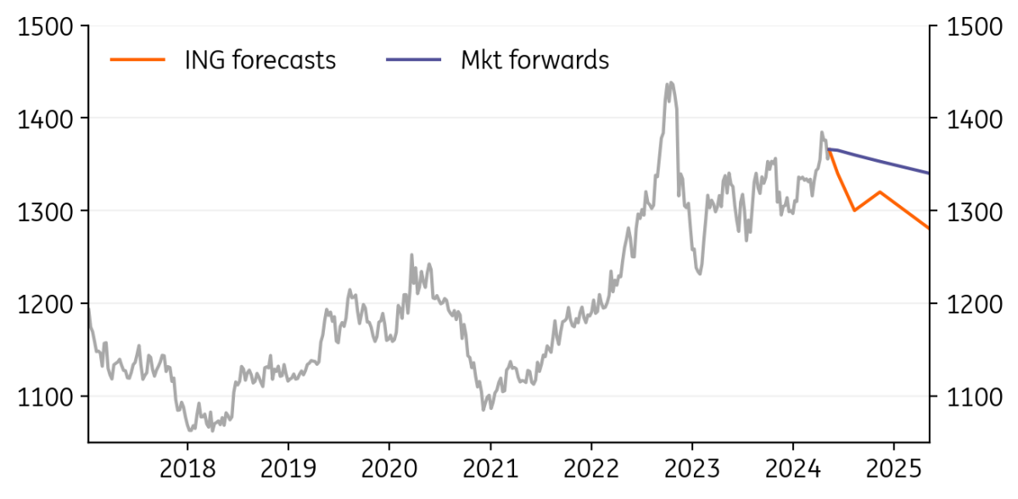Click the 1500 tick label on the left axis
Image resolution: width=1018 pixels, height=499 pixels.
[x=45, y=27]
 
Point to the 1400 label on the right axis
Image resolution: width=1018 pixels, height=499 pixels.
[x=975, y=119]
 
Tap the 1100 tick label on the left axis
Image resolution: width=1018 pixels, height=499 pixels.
[x=45, y=397]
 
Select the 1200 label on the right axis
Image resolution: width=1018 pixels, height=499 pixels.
[x=975, y=304]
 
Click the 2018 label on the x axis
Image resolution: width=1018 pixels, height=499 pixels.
[x=187, y=469]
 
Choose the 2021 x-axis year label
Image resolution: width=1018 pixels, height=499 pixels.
[x=490, y=469]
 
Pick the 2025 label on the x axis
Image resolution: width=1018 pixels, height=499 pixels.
[x=894, y=469]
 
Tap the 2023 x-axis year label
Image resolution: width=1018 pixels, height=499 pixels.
[x=692, y=469]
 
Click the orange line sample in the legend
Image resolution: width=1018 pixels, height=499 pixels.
[x=137, y=59]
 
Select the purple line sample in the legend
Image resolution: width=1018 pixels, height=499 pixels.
[x=414, y=59]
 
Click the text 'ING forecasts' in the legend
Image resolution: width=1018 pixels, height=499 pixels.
[x=260, y=60]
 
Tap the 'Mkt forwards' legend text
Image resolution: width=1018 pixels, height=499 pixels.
[x=535, y=60]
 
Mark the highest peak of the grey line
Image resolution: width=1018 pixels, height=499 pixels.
[x=671, y=83]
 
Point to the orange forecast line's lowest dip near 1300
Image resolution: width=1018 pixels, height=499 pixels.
[x=855, y=210]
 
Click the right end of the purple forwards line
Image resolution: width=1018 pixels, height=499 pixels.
[x=928, y=173]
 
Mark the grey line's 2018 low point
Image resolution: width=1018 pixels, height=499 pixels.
[x=190, y=430]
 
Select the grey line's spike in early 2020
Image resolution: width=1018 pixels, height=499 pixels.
[x=411, y=255]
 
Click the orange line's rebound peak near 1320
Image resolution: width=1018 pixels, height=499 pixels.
[x=881, y=191]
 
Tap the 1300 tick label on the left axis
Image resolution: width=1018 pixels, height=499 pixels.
[x=45, y=212]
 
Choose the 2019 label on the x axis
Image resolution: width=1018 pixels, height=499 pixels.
[x=288, y=469]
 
